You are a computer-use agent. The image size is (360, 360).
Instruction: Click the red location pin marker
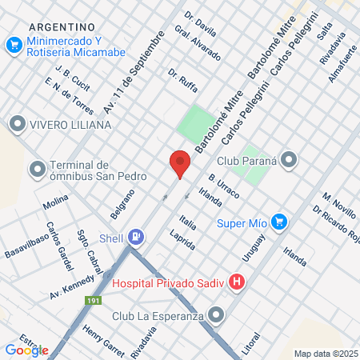(x=180, y=163)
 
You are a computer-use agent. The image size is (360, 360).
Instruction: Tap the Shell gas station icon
(x=137, y=236)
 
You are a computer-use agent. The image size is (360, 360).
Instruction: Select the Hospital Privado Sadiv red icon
(x=236, y=282)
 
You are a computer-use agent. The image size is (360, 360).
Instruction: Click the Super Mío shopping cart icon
(x=278, y=222)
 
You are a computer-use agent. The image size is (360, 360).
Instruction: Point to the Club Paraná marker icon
(x=289, y=159)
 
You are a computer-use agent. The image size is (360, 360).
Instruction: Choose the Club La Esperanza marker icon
(x=215, y=315)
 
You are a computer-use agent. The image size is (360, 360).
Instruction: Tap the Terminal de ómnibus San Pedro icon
(x=35, y=170)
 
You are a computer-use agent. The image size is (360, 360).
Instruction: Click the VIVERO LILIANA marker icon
(x=17, y=124)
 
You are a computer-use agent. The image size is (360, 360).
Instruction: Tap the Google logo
(x=26, y=350)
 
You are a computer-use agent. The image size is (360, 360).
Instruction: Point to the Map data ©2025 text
(x=326, y=353)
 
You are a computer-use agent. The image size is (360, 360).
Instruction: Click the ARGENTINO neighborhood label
(x=61, y=26)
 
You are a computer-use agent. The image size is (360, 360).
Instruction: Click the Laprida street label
(x=182, y=241)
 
